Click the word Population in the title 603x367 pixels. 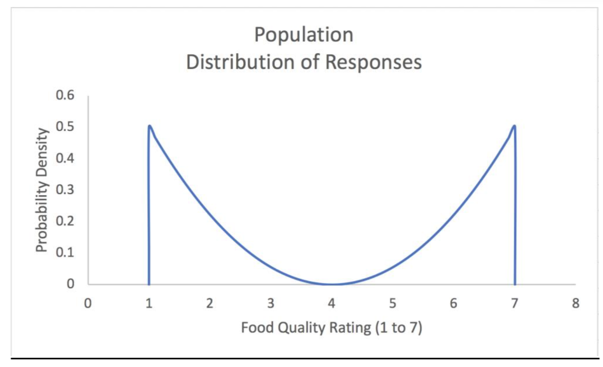[x=304, y=35]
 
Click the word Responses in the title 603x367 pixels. [x=373, y=63]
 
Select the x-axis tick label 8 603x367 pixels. [x=575, y=303]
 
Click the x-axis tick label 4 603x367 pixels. [x=332, y=303]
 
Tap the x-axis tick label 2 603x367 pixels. [x=210, y=303]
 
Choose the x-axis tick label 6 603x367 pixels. [x=453, y=303]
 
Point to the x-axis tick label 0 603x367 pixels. [x=88, y=303]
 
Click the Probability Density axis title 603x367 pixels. [x=42, y=190]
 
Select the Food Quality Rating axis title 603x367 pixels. [x=331, y=328]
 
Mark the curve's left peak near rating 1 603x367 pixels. [x=150, y=126]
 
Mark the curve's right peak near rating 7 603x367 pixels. [x=514, y=126]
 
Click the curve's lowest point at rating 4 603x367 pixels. [x=332, y=284]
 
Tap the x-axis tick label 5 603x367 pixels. [x=393, y=303]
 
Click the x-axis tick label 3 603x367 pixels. [x=271, y=303]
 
